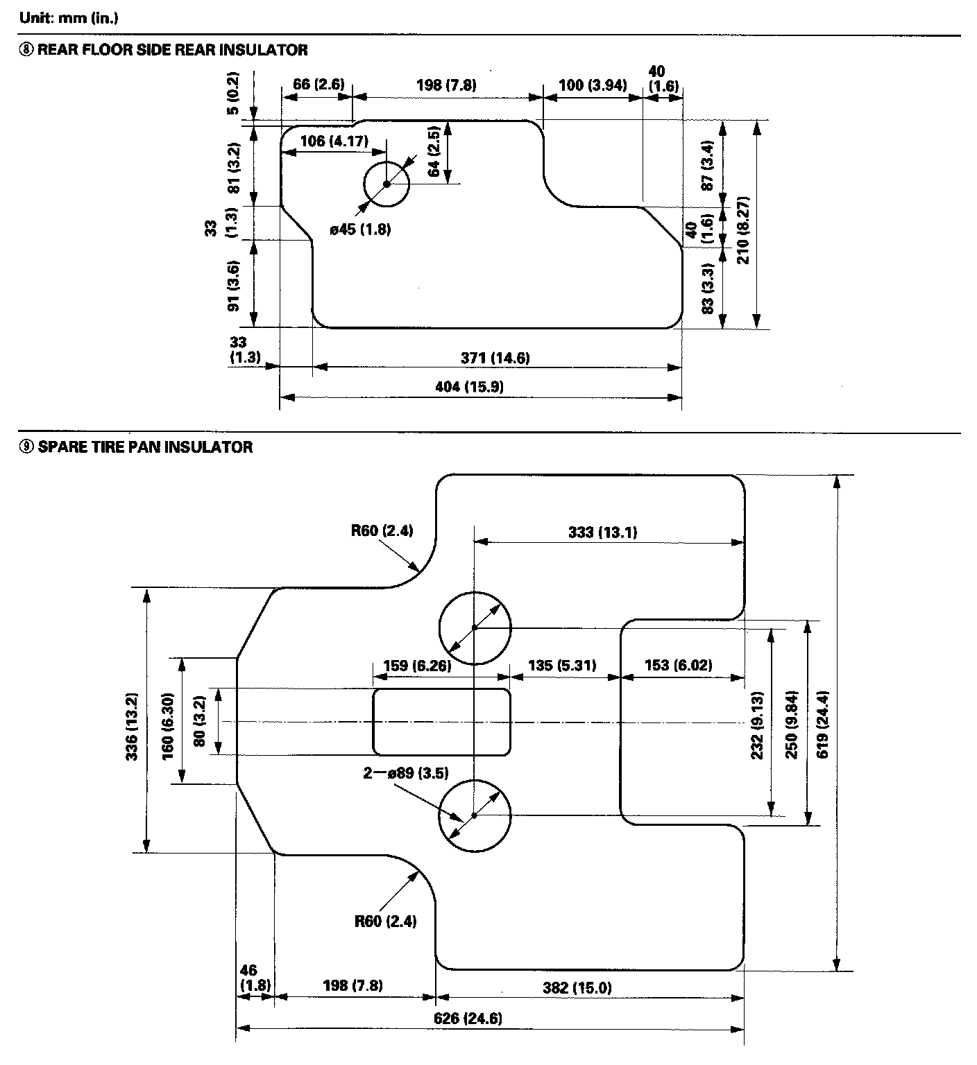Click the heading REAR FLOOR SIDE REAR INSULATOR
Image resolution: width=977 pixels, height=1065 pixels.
tap(172, 50)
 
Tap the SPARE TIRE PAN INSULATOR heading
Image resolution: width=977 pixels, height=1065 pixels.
tap(144, 447)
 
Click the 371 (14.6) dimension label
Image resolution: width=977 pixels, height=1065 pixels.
tap(495, 358)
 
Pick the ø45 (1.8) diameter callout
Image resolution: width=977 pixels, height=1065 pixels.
tap(360, 229)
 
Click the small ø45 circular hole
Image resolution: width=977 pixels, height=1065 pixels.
tap(386, 184)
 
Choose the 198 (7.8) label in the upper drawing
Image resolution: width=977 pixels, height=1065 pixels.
tap(446, 85)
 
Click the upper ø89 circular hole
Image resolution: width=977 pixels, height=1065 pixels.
tap(475, 627)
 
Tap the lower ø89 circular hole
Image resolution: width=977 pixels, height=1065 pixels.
tap(475, 815)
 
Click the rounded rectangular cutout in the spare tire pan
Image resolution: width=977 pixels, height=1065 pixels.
tap(442, 721)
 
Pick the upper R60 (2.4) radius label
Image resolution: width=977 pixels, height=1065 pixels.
tap(382, 531)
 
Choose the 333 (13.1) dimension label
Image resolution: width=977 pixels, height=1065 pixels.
tap(602, 532)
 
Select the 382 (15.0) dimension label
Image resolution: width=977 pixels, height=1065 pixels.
tap(577, 987)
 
